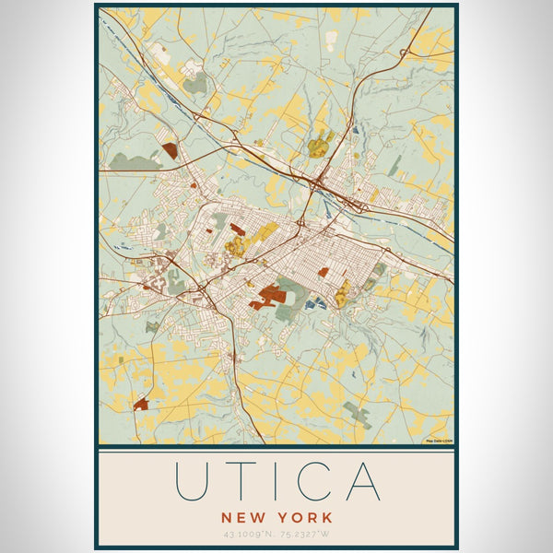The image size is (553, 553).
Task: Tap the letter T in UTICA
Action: pos(235,480)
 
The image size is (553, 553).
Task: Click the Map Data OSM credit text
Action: pos(439,441)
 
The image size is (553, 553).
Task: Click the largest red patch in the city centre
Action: pos(271,294)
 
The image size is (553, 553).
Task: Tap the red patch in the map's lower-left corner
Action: pos(140,404)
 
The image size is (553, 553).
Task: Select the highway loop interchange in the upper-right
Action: pos(404,53)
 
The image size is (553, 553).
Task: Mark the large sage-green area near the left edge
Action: pos(131,161)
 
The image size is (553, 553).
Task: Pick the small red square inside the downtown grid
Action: pos(324,272)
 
